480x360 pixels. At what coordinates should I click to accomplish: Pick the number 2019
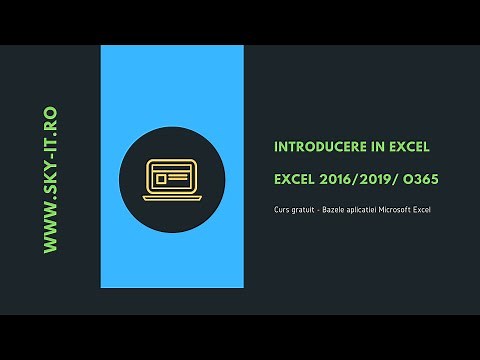(374, 180)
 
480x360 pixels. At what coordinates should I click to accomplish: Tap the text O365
(419, 180)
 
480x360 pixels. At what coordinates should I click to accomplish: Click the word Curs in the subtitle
(281, 212)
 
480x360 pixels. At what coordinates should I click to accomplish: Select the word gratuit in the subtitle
(304, 212)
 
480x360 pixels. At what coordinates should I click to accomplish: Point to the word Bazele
(341, 212)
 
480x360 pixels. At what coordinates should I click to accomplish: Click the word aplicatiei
(373, 212)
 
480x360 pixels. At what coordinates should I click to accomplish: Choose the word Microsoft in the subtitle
(412, 212)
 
